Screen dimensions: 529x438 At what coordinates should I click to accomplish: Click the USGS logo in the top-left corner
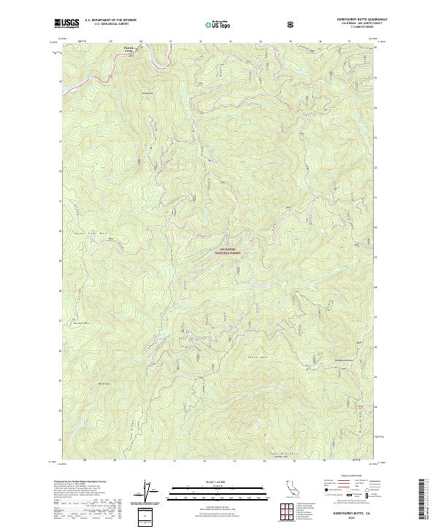(67, 23)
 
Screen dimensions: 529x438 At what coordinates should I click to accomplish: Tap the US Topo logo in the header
(218, 24)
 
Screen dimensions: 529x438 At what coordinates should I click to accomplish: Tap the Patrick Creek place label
(129, 50)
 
